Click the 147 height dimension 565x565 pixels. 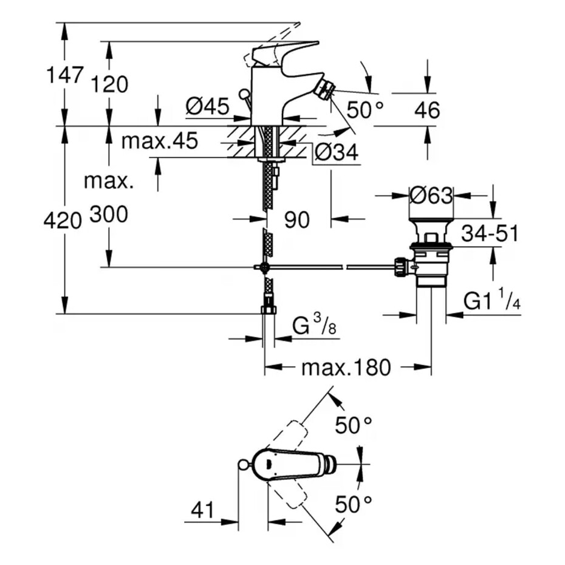click(x=64, y=75)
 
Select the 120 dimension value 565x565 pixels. click(x=109, y=84)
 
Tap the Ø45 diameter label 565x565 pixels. click(x=207, y=108)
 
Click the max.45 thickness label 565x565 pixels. click(x=160, y=142)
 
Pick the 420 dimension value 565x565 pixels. click(x=63, y=221)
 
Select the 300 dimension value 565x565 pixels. click(x=109, y=214)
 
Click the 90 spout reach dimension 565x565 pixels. click(x=298, y=220)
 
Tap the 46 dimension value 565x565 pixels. click(x=426, y=111)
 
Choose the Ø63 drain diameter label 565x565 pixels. click(x=431, y=196)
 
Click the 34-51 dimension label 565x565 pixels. click(x=490, y=233)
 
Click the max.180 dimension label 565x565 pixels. click(x=346, y=367)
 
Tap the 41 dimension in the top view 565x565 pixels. click(x=202, y=510)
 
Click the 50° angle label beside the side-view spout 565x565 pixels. click(x=365, y=109)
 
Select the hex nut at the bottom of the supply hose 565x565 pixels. click(x=268, y=310)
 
